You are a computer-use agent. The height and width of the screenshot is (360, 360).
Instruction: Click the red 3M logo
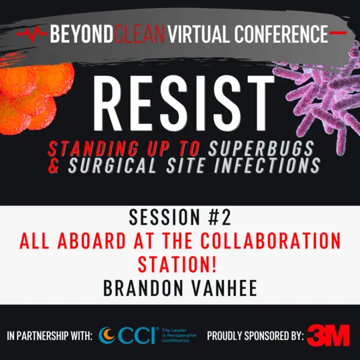(x=327, y=335)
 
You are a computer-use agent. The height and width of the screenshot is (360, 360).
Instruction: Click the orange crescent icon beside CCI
(x=106, y=335)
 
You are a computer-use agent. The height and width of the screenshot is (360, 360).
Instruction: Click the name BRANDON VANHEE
(x=180, y=287)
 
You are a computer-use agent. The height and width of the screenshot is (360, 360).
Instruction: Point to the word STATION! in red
(x=180, y=264)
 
